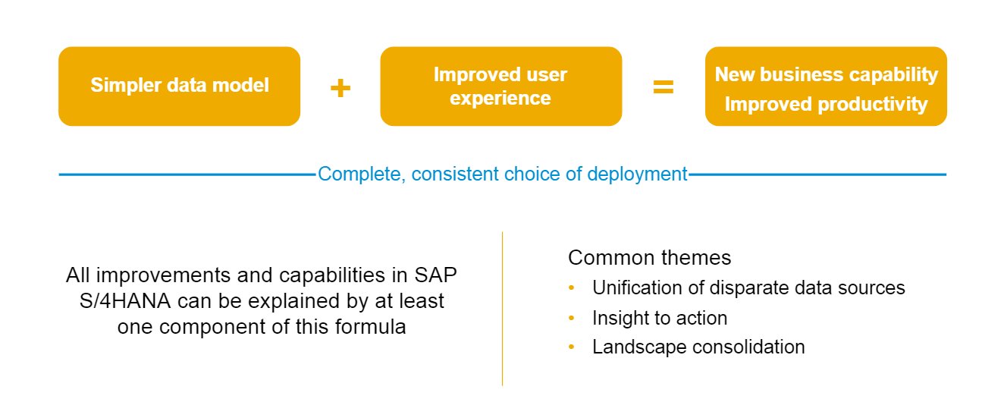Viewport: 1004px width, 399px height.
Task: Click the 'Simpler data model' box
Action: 179,86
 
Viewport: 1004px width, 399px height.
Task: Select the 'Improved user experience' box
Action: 501,86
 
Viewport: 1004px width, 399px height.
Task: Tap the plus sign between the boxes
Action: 340,87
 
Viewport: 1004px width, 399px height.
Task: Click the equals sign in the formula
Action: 664,86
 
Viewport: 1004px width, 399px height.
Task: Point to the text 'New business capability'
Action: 826,74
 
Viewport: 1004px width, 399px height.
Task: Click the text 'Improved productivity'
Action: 826,105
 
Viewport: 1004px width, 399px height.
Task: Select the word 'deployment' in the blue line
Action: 637,174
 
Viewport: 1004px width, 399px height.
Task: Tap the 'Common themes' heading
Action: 649,258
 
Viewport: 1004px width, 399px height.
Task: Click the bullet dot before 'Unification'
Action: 572,287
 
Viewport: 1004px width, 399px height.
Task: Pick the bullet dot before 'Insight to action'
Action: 572,318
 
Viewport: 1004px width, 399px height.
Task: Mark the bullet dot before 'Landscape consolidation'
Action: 572,347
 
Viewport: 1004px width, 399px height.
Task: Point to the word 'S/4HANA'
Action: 125,301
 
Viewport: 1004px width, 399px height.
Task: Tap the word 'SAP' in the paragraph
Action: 435,275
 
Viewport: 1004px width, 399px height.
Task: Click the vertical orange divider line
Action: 503,309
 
